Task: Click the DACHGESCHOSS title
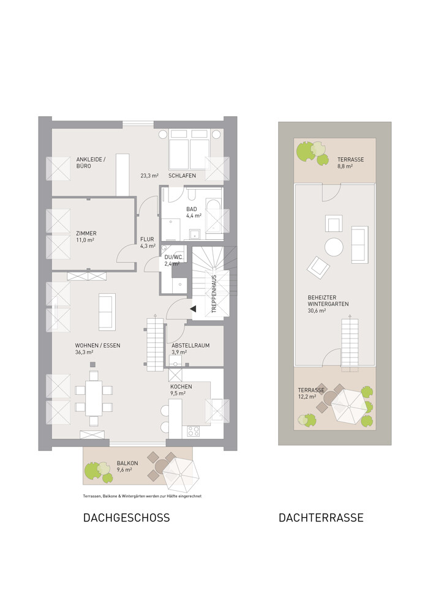point(127,518)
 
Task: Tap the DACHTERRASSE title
point(321,518)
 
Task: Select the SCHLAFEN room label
point(182,176)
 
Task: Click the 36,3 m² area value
point(84,352)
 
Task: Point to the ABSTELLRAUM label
point(190,345)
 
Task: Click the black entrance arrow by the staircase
point(193,308)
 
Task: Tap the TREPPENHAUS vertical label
point(214,294)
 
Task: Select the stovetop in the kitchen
point(194,431)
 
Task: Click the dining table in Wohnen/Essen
point(94,398)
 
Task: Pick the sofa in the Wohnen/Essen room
point(107,312)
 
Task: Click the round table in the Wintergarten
point(334,247)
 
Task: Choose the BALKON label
point(127,463)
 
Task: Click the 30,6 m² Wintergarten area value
point(317,311)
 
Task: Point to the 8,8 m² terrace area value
point(345,166)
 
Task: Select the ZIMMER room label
point(86,233)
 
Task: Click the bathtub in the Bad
point(214,220)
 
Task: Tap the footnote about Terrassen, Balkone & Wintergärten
point(142,496)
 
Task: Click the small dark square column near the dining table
point(92,365)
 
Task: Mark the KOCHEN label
point(181,387)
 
